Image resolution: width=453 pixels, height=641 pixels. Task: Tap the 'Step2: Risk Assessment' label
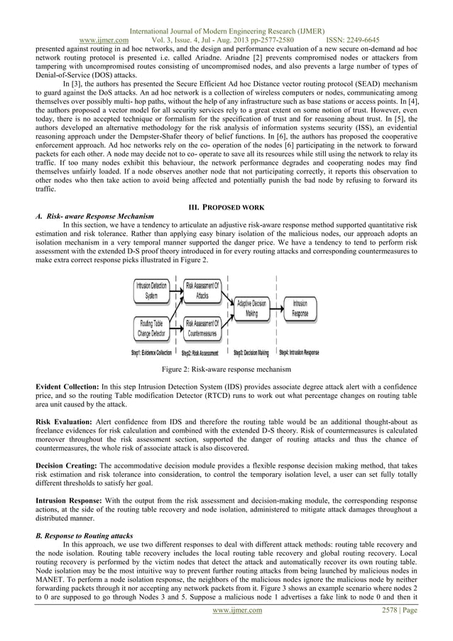pyautogui.click(x=201, y=352)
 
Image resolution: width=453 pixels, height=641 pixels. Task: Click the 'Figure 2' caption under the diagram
pyautogui.click(x=226, y=370)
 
